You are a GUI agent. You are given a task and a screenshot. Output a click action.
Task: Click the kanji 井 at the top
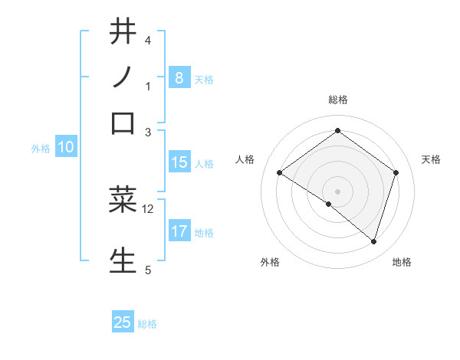tap(123, 32)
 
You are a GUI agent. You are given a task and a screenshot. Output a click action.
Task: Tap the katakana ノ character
tap(123, 77)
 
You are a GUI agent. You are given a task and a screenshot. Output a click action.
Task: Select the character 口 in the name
tap(123, 123)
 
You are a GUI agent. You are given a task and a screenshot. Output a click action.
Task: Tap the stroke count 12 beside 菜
tap(148, 208)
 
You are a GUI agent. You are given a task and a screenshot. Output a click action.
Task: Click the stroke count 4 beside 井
tap(148, 40)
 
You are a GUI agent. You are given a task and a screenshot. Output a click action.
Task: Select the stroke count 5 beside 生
tap(148, 269)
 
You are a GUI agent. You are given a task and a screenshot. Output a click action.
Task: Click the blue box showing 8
tap(179, 77)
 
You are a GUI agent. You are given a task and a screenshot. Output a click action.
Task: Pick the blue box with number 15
tap(179, 162)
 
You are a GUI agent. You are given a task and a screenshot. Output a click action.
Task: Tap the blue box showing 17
tap(179, 231)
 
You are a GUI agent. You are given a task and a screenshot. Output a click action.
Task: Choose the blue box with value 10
tap(65, 148)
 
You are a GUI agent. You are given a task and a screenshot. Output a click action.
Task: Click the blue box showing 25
tap(123, 322)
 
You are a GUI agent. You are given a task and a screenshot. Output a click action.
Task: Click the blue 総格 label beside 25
tap(147, 324)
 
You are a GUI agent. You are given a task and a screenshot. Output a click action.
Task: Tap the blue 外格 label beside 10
tap(41, 149)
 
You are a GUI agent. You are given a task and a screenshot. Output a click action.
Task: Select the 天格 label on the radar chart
tap(431, 159)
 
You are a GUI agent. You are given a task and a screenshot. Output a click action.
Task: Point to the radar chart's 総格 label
tap(337, 100)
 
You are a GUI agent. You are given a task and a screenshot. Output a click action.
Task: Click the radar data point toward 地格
tap(374, 241)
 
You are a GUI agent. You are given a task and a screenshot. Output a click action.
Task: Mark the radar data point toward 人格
tap(280, 172)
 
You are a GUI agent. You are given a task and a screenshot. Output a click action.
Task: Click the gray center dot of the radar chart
tap(337, 191)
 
